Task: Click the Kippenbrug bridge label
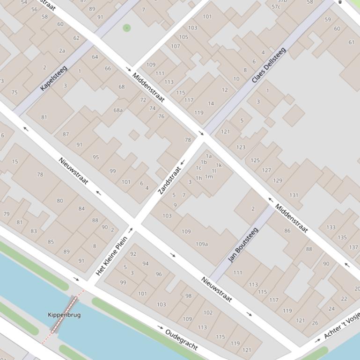point(64,315)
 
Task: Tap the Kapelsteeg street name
point(54,79)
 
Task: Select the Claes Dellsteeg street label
point(268,65)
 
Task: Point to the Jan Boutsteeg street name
point(243,245)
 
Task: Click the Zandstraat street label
point(169,180)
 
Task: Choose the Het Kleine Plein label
point(111,256)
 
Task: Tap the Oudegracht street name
point(181,340)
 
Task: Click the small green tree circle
point(126,28)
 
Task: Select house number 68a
point(118,110)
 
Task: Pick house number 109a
point(202,244)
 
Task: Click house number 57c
point(276,7)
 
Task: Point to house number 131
point(294,195)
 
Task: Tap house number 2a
point(62,50)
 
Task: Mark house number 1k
point(219,165)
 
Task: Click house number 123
point(241,147)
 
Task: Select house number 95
point(96,157)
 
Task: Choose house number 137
point(353,247)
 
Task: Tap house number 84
point(81,209)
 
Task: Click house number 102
point(208,313)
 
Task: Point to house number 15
point(15,162)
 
